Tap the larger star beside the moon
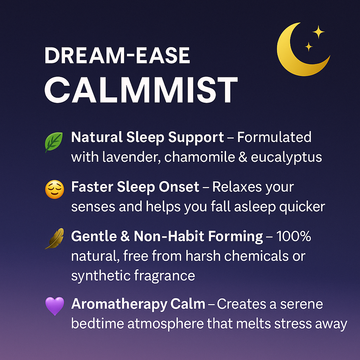(x=319, y=32)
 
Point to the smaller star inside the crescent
(x=309, y=46)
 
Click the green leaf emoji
(x=54, y=142)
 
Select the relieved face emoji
(x=54, y=190)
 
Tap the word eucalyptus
(x=286, y=157)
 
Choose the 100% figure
(x=294, y=237)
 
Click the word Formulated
(x=274, y=137)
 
